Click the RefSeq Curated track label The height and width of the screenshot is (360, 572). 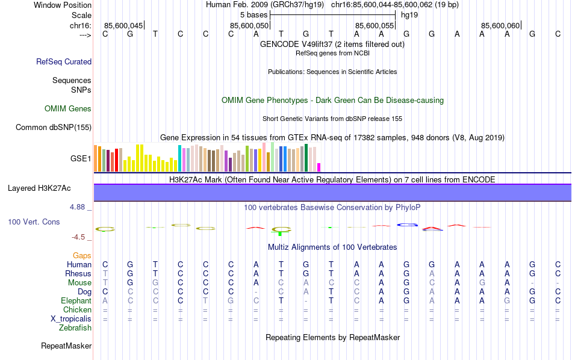[x=64, y=61]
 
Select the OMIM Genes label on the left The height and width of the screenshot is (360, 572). [x=68, y=109]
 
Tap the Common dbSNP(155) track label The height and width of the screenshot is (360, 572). [x=54, y=127]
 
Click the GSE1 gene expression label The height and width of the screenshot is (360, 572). [x=81, y=159]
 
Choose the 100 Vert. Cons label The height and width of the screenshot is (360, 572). [x=34, y=222]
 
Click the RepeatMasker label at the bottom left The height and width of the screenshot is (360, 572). [x=66, y=346]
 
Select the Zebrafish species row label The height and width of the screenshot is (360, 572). [x=75, y=328]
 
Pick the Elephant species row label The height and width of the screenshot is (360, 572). [x=76, y=300]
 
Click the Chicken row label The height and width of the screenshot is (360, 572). [x=77, y=309]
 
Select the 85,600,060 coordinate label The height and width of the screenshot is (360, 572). [x=500, y=26]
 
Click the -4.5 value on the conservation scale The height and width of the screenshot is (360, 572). [x=79, y=237]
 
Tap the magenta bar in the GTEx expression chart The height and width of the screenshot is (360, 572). [x=319, y=167]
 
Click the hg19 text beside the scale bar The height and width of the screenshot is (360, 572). [x=409, y=14]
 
